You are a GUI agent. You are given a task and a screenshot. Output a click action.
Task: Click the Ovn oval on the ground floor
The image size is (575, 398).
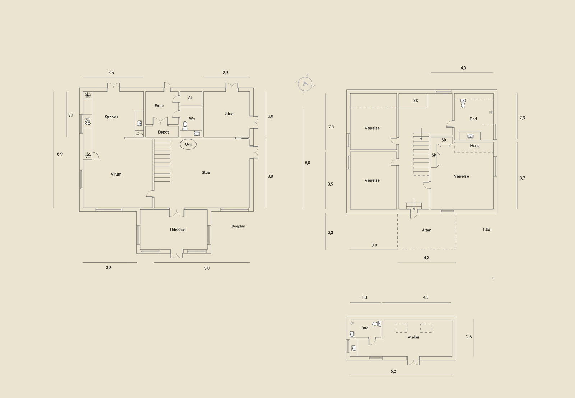pos(188,144)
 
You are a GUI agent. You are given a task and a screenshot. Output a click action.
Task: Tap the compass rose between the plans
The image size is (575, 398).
pos(305,84)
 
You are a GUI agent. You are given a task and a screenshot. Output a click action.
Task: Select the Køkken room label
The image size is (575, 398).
pos(111,116)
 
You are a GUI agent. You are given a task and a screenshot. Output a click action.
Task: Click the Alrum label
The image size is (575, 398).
pos(116,174)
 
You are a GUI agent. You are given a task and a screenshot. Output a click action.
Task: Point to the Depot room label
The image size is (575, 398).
pos(163,132)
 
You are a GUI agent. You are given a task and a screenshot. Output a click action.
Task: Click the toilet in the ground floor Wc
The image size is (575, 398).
pos(185,126)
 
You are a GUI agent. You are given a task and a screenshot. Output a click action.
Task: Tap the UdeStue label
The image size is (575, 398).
pos(178,230)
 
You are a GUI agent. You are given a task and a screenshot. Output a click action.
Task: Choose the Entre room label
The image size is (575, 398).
pos(159,106)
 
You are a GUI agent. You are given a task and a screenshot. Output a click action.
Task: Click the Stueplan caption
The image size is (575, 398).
pos(238,226)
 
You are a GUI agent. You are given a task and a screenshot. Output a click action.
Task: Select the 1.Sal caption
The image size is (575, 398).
pos(487,230)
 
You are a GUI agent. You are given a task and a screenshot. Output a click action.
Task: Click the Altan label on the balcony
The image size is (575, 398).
pos(426,230)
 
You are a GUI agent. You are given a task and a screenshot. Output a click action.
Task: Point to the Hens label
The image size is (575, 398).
pos(475,146)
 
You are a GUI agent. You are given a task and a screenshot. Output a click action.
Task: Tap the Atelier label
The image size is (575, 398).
pos(413,337)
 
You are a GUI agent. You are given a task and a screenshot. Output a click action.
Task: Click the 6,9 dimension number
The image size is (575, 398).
pos(60,154)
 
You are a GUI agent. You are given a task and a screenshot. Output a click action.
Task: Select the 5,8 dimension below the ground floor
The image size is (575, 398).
pos(207,268)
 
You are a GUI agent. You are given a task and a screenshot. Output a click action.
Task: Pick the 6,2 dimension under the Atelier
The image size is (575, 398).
pos(393,371)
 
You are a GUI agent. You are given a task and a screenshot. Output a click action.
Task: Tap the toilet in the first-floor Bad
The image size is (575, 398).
pos(463,104)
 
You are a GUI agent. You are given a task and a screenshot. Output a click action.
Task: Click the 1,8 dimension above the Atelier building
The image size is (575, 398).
pos(364,297)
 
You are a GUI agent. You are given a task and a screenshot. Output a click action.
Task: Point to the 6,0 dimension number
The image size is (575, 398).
pos(307,163)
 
